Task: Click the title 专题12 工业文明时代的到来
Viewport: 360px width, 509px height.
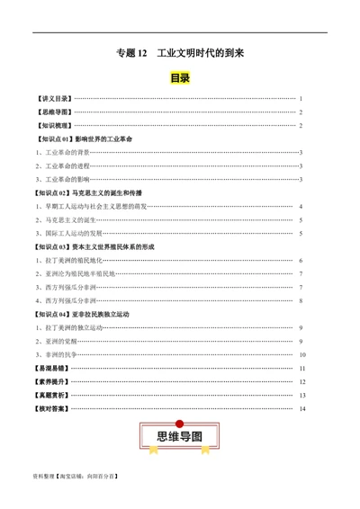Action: click(180, 54)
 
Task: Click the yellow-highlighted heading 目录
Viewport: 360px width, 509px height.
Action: click(180, 78)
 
